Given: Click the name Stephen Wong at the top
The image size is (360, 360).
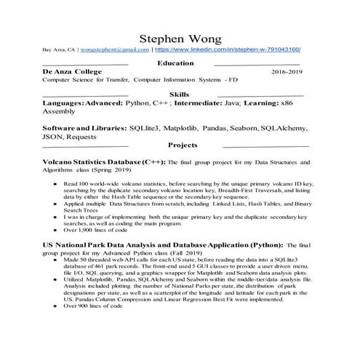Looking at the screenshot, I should click(x=180, y=37).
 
